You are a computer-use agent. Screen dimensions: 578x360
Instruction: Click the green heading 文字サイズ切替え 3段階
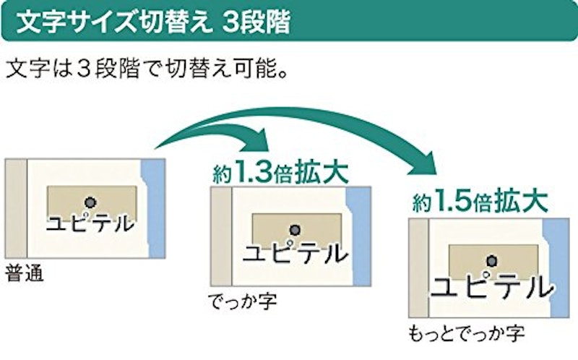click(153, 22)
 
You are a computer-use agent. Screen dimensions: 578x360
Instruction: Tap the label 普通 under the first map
click(25, 274)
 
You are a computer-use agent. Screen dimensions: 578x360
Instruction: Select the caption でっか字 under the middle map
click(242, 301)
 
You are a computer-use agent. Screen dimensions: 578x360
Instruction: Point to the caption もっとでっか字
click(466, 333)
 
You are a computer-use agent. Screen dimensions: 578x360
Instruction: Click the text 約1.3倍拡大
click(280, 172)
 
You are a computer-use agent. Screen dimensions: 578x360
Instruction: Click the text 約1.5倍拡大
click(480, 201)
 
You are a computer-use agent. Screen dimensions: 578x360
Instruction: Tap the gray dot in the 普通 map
click(90, 202)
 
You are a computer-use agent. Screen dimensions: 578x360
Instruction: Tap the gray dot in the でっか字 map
click(295, 231)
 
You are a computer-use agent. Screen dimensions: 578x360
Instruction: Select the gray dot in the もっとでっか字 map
click(491, 261)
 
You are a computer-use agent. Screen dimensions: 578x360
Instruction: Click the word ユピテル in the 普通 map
click(90, 223)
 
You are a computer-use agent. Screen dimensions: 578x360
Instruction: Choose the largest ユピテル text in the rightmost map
click(492, 286)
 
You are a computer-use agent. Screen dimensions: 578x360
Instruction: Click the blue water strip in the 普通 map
click(155, 208)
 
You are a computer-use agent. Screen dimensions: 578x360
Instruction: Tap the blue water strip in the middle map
click(359, 236)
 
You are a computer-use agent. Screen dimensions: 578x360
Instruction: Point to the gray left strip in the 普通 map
click(16, 208)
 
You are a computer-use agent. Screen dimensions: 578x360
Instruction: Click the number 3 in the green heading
click(230, 23)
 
